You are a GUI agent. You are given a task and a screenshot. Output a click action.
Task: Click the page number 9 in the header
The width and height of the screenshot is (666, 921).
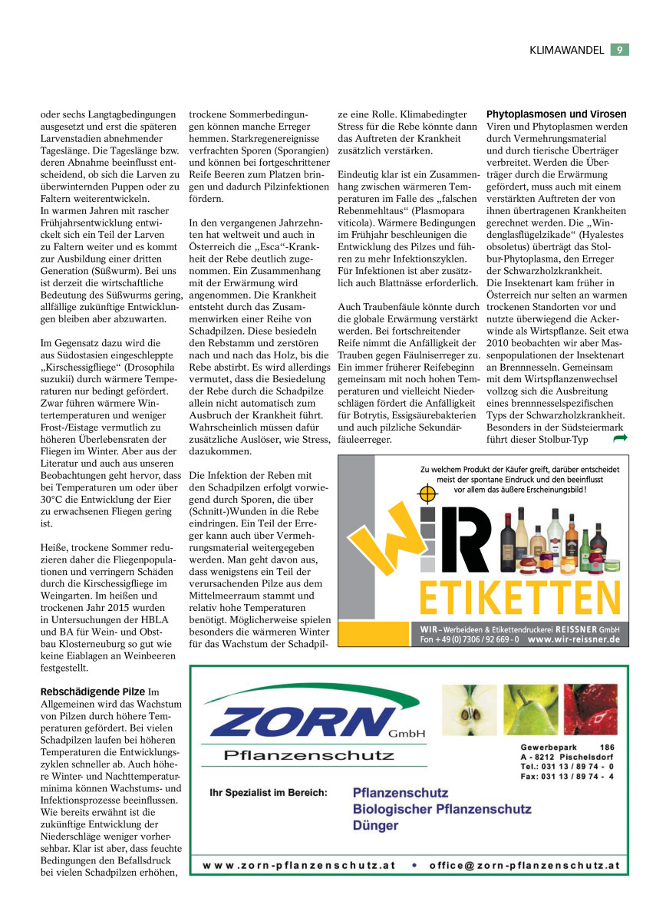(620, 50)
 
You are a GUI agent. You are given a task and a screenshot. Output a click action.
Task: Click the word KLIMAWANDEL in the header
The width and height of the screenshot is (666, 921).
(566, 50)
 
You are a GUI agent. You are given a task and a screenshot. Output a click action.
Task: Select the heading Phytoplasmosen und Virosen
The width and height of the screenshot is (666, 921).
(556, 114)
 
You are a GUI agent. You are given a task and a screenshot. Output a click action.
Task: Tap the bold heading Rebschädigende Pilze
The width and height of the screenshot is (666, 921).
(92, 692)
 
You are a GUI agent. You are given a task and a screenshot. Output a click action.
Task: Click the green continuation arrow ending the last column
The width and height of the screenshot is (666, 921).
(620, 438)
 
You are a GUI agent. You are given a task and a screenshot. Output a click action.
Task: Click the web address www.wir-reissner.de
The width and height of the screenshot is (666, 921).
(573, 639)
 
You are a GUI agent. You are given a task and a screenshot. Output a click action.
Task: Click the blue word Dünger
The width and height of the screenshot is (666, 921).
(375, 826)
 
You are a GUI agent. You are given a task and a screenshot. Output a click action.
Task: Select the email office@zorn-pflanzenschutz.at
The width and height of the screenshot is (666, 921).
(524, 865)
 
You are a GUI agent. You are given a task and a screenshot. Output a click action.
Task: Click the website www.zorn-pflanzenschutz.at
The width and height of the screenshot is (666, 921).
(299, 865)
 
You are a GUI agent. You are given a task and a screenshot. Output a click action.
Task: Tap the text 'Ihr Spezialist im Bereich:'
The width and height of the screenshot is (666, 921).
(269, 793)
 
